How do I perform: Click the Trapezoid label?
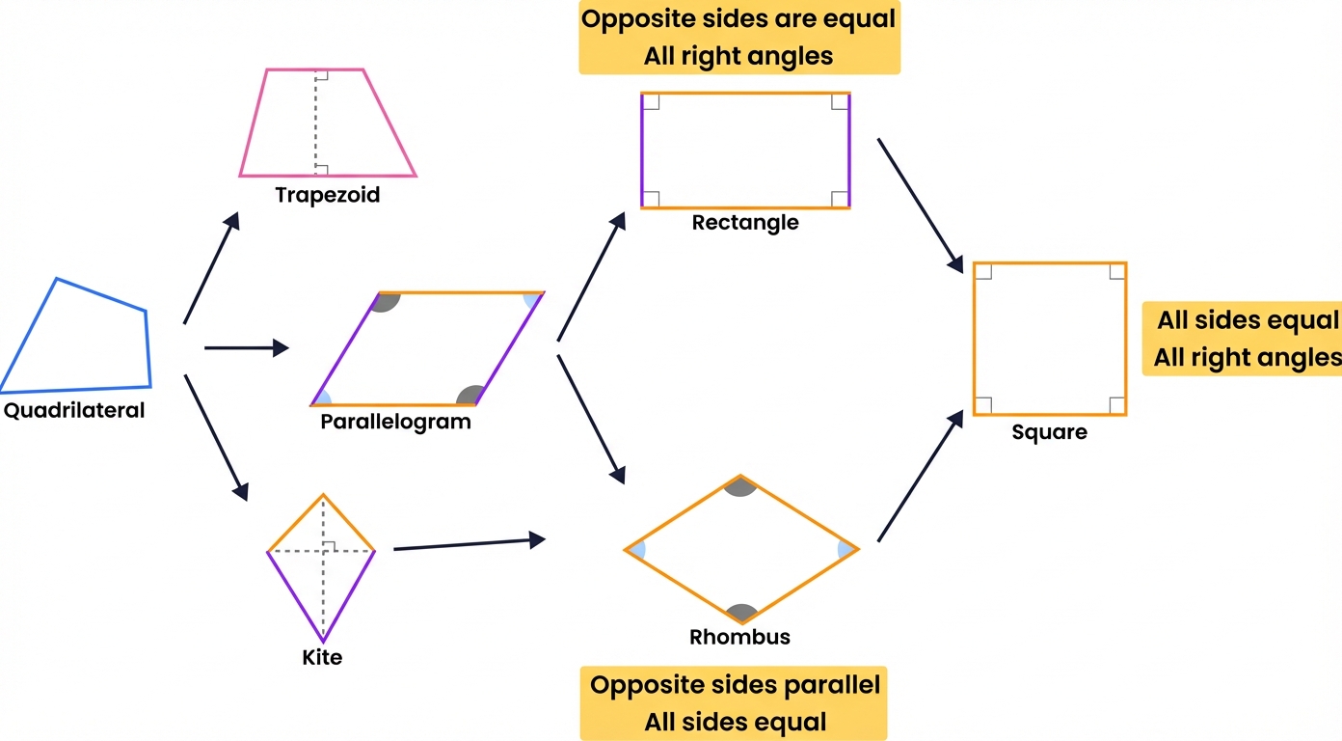point(328,195)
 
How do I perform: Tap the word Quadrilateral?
point(74,410)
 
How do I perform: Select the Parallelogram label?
point(395,422)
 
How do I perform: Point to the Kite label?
point(322,659)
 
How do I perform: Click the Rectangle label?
point(745,223)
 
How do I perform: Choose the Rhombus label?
point(739,637)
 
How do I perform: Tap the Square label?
point(1049,432)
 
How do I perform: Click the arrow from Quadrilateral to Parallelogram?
point(247,347)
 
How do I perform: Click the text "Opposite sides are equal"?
point(738,19)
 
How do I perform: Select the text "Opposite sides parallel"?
point(735,686)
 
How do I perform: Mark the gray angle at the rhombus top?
point(739,487)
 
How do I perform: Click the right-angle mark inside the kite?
point(329,547)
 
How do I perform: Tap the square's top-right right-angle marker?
point(1116,272)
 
